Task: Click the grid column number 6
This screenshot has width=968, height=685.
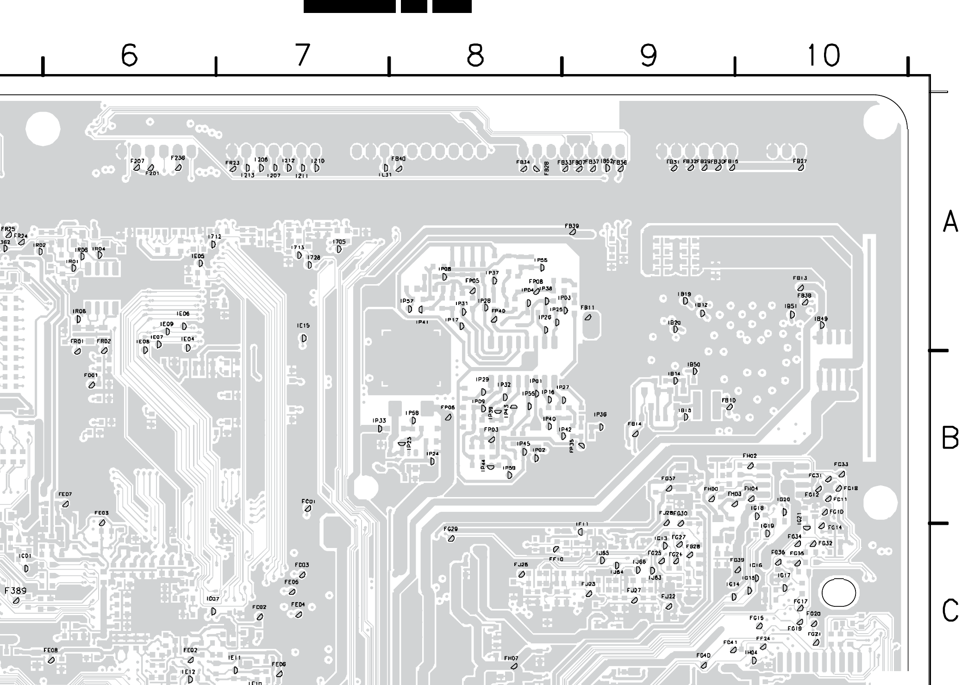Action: (x=129, y=56)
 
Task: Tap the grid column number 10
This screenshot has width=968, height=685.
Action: (x=823, y=56)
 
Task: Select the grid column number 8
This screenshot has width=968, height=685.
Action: (x=475, y=56)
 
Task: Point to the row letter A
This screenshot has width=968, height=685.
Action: (x=950, y=222)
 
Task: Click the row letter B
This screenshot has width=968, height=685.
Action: (x=950, y=437)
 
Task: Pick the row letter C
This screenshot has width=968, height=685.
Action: (x=950, y=610)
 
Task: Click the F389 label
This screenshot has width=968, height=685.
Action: (x=16, y=591)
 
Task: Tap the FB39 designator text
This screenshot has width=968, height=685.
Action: (x=572, y=226)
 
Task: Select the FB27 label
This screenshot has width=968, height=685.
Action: (x=799, y=161)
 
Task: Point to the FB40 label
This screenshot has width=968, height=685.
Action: (x=398, y=159)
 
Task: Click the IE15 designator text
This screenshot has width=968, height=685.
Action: (x=303, y=326)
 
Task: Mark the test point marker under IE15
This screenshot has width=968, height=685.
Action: (x=304, y=338)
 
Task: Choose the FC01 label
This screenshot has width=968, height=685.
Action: (x=308, y=501)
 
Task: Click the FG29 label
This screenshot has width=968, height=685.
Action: (x=450, y=529)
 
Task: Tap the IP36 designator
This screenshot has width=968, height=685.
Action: (x=600, y=415)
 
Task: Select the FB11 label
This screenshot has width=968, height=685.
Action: (x=587, y=308)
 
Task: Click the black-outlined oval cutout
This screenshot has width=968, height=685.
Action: (x=838, y=592)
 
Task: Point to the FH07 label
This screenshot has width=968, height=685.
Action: (x=511, y=658)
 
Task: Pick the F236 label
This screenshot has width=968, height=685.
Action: (x=178, y=158)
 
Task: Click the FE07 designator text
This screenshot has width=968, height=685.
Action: (x=65, y=494)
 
